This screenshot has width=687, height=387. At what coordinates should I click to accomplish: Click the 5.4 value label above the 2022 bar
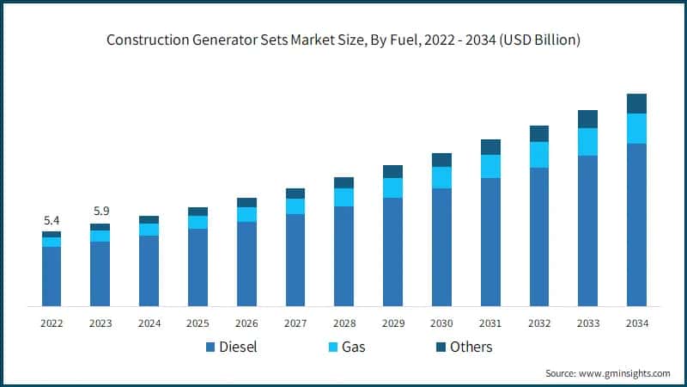[52, 220]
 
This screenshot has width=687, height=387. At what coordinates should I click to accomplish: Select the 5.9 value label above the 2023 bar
[100, 212]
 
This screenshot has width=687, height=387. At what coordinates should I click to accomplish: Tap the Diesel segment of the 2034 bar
[636, 224]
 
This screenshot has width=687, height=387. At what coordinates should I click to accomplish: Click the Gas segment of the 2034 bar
[636, 128]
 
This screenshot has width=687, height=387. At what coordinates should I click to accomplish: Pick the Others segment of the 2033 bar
[587, 119]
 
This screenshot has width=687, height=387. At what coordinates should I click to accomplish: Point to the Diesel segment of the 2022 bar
[52, 276]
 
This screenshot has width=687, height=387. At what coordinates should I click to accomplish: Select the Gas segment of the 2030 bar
[441, 177]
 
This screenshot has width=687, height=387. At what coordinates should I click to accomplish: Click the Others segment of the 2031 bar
[490, 147]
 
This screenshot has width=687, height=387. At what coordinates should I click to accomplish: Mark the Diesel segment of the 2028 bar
[343, 256]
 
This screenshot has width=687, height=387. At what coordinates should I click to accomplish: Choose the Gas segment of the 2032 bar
[539, 155]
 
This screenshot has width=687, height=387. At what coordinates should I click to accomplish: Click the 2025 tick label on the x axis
[198, 323]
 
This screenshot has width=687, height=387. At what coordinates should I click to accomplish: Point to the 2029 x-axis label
[392, 323]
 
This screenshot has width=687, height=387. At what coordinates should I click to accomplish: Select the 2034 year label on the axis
[636, 323]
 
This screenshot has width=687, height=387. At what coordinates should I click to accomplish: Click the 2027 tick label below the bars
[295, 323]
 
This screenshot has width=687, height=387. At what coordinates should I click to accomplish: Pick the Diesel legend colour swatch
[210, 347]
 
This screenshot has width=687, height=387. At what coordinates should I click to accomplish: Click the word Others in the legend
[470, 347]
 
